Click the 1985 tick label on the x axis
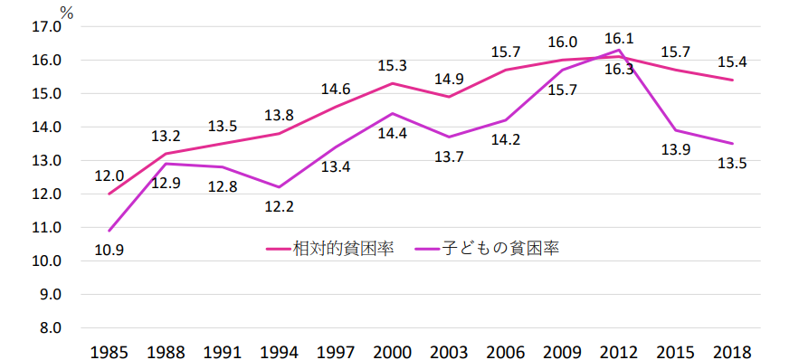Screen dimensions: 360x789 tap(109, 350)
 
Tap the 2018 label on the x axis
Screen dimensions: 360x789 tap(731, 350)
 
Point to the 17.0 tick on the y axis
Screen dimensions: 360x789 tap(45, 27)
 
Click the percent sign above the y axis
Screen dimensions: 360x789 tap(66, 12)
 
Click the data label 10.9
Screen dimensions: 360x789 tap(109, 250)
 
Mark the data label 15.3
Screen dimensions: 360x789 tap(391, 65)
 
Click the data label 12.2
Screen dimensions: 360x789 tap(278, 206)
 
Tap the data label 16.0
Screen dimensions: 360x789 tap(562, 43)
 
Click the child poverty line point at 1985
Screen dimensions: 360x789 tap(109, 231)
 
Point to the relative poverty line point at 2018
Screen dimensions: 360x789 tap(731, 80)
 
